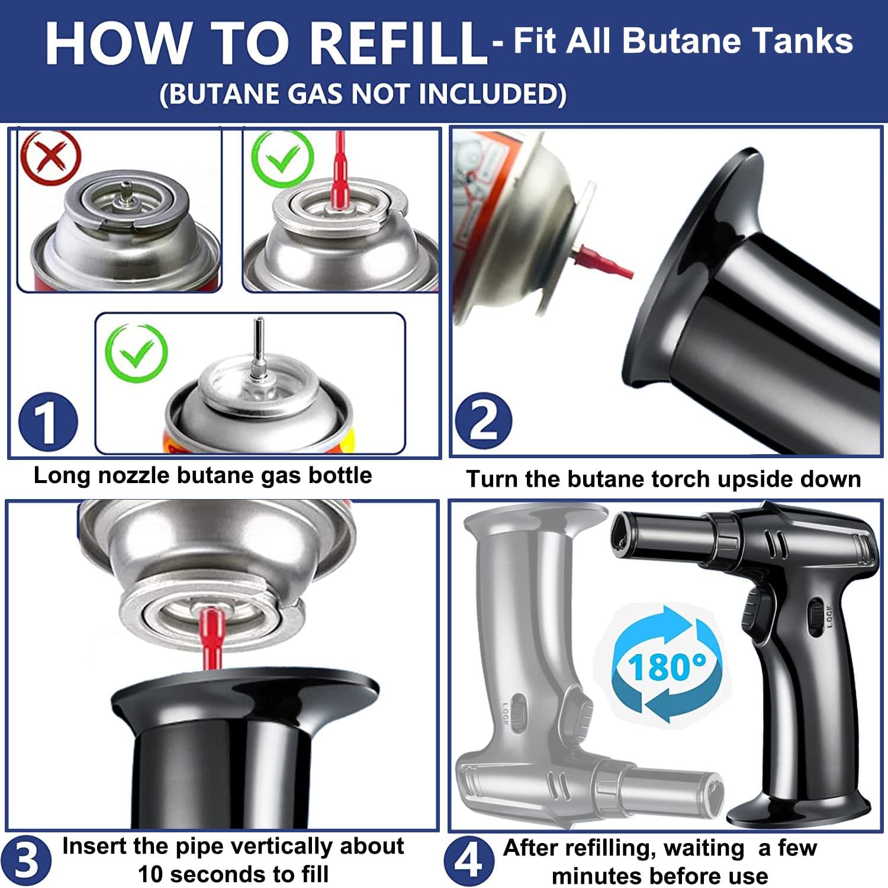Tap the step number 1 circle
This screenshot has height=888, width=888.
pos(47,422)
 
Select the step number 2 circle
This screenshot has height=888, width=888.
pos(483,422)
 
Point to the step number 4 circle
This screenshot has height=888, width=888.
pos(469,860)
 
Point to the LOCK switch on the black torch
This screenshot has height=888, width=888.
pos(817,617)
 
